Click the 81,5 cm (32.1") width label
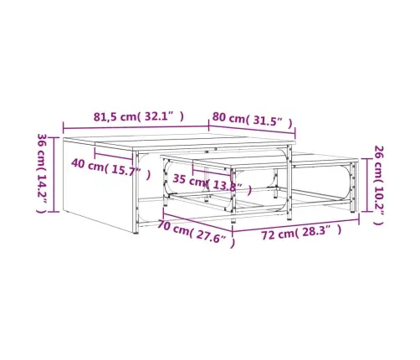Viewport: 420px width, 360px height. click(139, 116)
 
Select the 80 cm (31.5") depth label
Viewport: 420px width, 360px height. click(252, 119)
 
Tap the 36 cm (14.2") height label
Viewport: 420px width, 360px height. click(42, 173)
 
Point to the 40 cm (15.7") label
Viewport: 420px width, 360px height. click(110, 167)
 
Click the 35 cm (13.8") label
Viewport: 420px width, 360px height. click(212, 182)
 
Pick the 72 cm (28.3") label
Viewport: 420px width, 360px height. click(301, 233)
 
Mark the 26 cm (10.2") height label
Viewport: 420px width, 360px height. click(379, 185)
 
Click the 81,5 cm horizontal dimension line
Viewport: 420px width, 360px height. click(136, 128)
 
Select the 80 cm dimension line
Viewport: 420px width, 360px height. click(252, 130)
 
